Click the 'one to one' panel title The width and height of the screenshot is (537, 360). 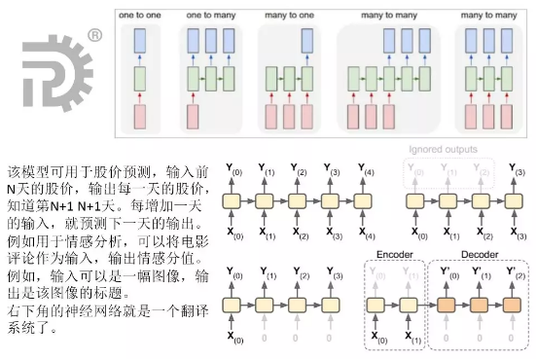[140, 16]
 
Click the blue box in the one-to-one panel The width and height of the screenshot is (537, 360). [140, 41]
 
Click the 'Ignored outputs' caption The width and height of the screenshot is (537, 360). [443, 150]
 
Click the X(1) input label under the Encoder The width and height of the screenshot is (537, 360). [412, 340]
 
